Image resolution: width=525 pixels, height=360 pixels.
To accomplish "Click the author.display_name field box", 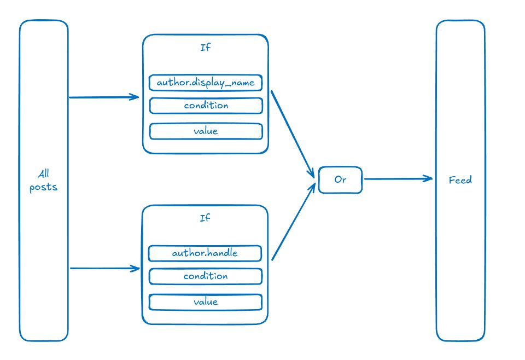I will tap(206, 83).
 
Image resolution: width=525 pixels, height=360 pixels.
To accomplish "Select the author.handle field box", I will tap(205, 253).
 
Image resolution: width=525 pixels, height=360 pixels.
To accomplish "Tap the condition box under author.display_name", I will tap(206, 106).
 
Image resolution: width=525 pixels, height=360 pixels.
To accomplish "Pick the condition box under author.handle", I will tap(205, 276).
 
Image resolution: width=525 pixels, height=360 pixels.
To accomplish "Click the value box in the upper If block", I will tap(206, 131).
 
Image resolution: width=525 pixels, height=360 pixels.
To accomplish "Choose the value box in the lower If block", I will tap(205, 302).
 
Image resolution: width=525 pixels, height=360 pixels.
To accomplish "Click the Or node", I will tap(340, 179).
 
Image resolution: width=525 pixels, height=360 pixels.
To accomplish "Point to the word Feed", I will tap(460, 179).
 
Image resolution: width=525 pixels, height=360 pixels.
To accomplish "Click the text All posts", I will tap(44, 181).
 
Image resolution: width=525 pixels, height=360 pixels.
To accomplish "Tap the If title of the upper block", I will tap(206, 48).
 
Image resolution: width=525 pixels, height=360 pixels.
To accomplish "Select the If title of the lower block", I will tap(205, 218).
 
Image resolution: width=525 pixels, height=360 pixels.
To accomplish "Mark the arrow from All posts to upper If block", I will tap(104, 97).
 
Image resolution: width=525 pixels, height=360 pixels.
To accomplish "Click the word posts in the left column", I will tap(44, 187).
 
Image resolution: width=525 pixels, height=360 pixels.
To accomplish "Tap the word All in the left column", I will tap(44, 175).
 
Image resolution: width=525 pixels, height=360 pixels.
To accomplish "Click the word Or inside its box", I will tap(340, 179).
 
